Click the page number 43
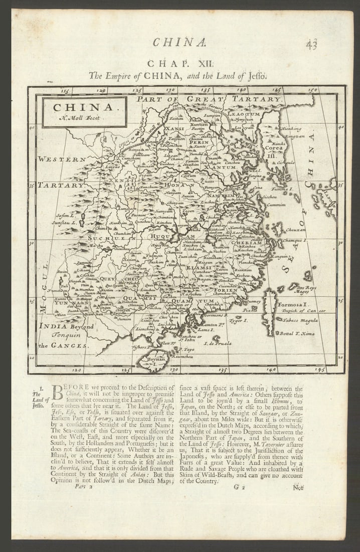click(311, 44)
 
